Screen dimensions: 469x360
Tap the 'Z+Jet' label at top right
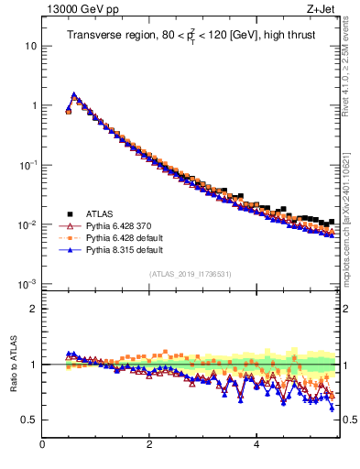[323, 10]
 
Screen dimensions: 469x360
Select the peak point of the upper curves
[73, 93]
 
